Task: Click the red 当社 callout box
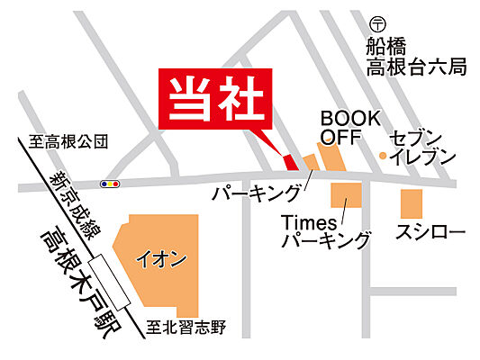click(x=213, y=99)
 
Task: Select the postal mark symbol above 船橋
click(x=378, y=25)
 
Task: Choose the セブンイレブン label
click(x=421, y=148)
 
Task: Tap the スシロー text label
click(x=430, y=234)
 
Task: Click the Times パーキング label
click(x=325, y=231)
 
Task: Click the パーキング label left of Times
click(x=257, y=192)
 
